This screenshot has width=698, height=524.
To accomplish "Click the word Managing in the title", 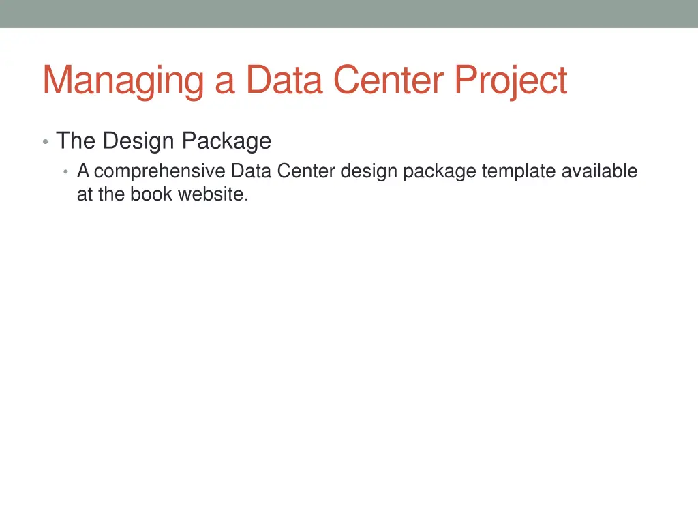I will point(123,81).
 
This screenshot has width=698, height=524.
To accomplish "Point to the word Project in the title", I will point(511,81).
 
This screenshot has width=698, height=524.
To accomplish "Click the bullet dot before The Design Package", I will point(45,142).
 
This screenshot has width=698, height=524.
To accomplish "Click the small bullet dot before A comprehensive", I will point(65,171).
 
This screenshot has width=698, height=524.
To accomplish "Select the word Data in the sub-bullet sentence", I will point(252,171).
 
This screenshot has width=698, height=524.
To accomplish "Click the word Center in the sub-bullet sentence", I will point(306,171).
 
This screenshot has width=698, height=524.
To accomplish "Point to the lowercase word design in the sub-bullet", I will point(369,171).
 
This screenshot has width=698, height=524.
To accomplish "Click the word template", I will point(519,171).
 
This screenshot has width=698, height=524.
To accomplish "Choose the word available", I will point(600,171).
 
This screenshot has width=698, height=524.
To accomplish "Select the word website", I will point(213,194).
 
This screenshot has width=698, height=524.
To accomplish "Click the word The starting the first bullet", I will point(76,141).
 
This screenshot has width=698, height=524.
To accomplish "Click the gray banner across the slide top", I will point(349,14).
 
